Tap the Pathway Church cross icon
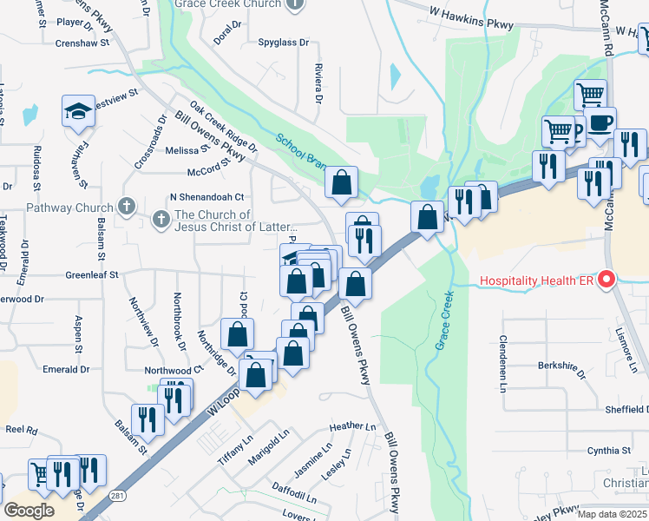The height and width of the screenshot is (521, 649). (127, 207)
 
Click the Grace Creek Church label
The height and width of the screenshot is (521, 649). (227, 4)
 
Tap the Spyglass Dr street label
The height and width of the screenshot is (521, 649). (283, 42)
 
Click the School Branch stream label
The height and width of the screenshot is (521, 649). (301, 149)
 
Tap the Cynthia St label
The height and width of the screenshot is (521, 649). (608, 451)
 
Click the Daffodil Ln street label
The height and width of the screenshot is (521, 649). (294, 498)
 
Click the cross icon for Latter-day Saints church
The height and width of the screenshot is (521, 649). (161, 221)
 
